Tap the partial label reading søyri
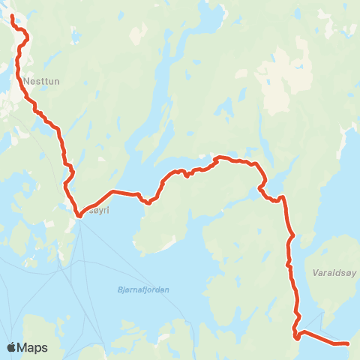pos(98,210)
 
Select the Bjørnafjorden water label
pos(143,289)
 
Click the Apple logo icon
pos(12,347)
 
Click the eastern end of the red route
pos(347,343)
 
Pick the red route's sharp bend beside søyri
pos(78,216)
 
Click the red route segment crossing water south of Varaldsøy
pos(319,337)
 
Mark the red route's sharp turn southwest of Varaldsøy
pos(297,336)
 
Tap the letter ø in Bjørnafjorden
pos(129,289)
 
